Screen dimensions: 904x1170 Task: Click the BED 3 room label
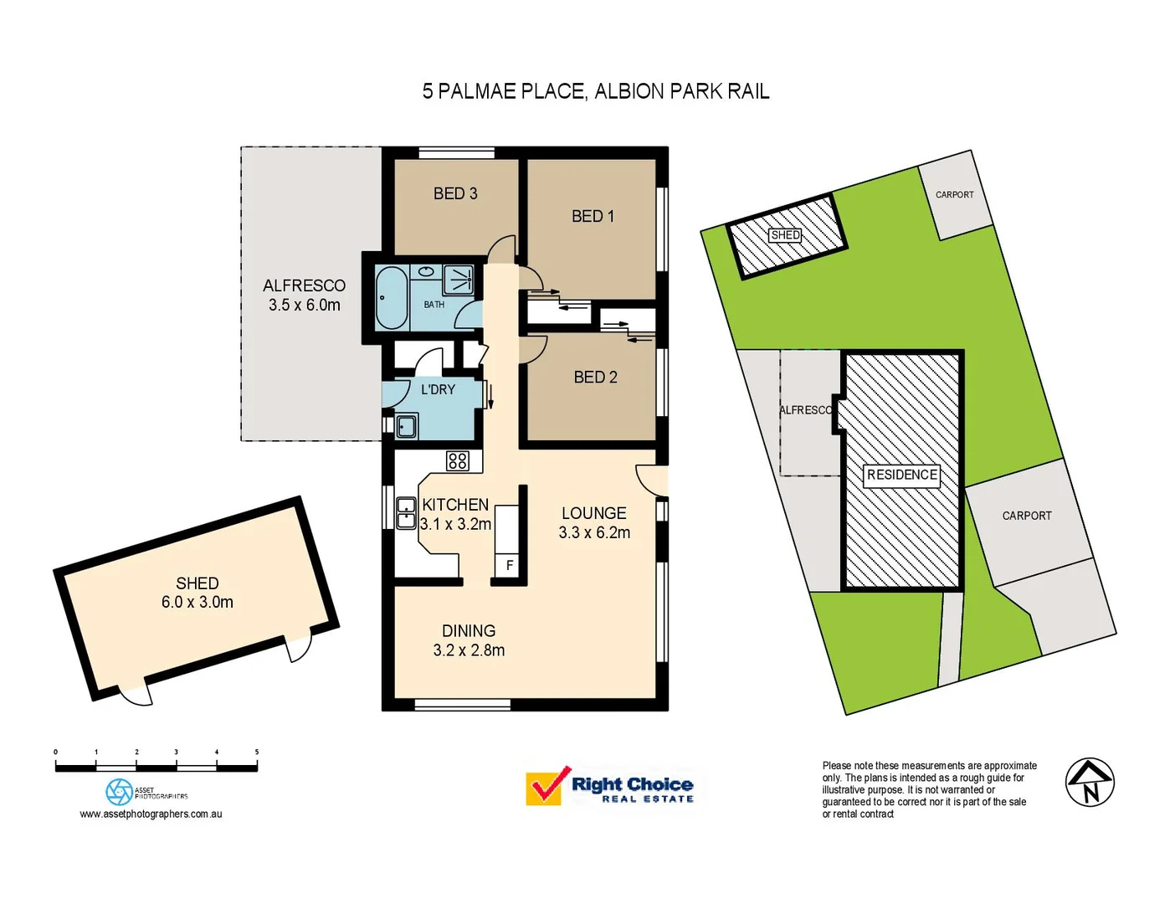[x=455, y=193]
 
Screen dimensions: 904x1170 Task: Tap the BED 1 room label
[x=593, y=216]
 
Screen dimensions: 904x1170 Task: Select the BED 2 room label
[x=595, y=378]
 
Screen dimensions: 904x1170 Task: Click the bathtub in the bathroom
[x=390, y=297]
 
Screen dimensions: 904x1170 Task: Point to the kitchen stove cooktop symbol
[x=458, y=460]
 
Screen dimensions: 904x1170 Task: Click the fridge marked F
[x=509, y=565]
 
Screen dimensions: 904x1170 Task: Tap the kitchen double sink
[x=406, y=512]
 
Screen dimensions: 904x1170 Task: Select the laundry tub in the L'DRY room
[x=407, y=426]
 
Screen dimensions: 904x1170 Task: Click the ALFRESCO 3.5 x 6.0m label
[x=304, y=295]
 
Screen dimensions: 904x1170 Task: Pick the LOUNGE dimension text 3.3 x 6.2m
[x=594, y=532]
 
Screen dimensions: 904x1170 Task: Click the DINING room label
[x=469, y=631]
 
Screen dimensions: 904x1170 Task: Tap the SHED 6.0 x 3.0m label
[x=198, y=593]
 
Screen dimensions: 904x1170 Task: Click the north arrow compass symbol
[x=1090, y=783]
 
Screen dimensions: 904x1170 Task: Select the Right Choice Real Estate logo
[x=610, y=787]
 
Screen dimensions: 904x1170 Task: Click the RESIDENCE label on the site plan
[x=901, y=475]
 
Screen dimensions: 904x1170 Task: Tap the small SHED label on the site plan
[x=785, y=235]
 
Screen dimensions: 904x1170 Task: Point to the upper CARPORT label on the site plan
[x=954, y=194]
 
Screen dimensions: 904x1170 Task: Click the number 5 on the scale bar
[x=257, y=752]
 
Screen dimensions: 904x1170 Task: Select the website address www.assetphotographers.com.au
[x=151, y=814]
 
